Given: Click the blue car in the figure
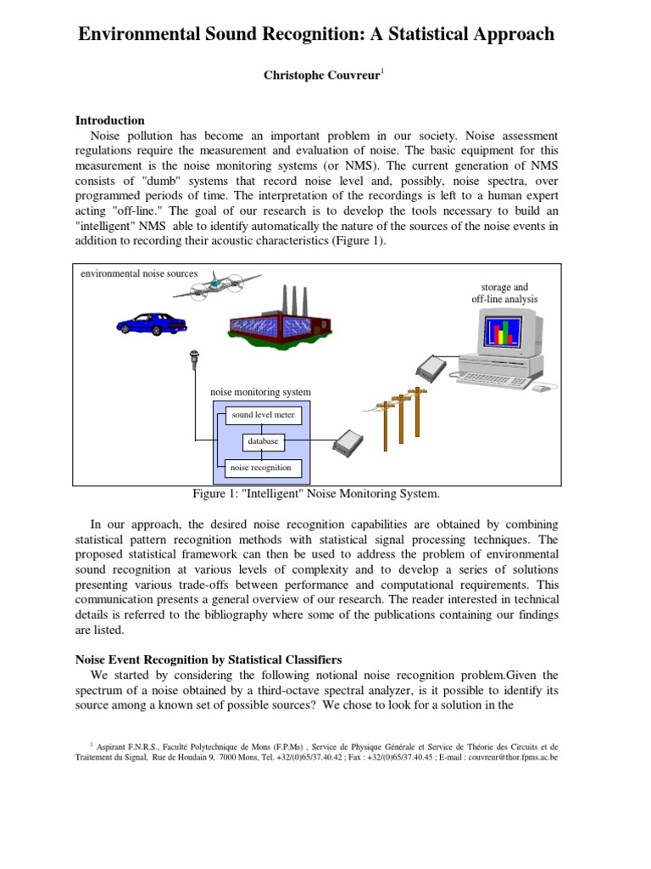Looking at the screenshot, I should [x=152, y=322].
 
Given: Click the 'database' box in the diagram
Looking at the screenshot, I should [x=263, y=441].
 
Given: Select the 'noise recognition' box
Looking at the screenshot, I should [x=261, y=468].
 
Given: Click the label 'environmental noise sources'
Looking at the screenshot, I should [x=138, y=273].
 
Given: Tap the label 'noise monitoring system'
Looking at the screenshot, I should [x=260, y=392].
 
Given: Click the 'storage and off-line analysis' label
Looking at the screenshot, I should [x=504, y=293].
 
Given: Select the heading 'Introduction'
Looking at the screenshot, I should [x=110, y=121].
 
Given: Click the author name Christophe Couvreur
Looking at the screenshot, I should [x=323, y=76].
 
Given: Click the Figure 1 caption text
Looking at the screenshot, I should [x=317, y=493].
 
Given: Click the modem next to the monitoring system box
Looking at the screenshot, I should [x=348, y=440].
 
